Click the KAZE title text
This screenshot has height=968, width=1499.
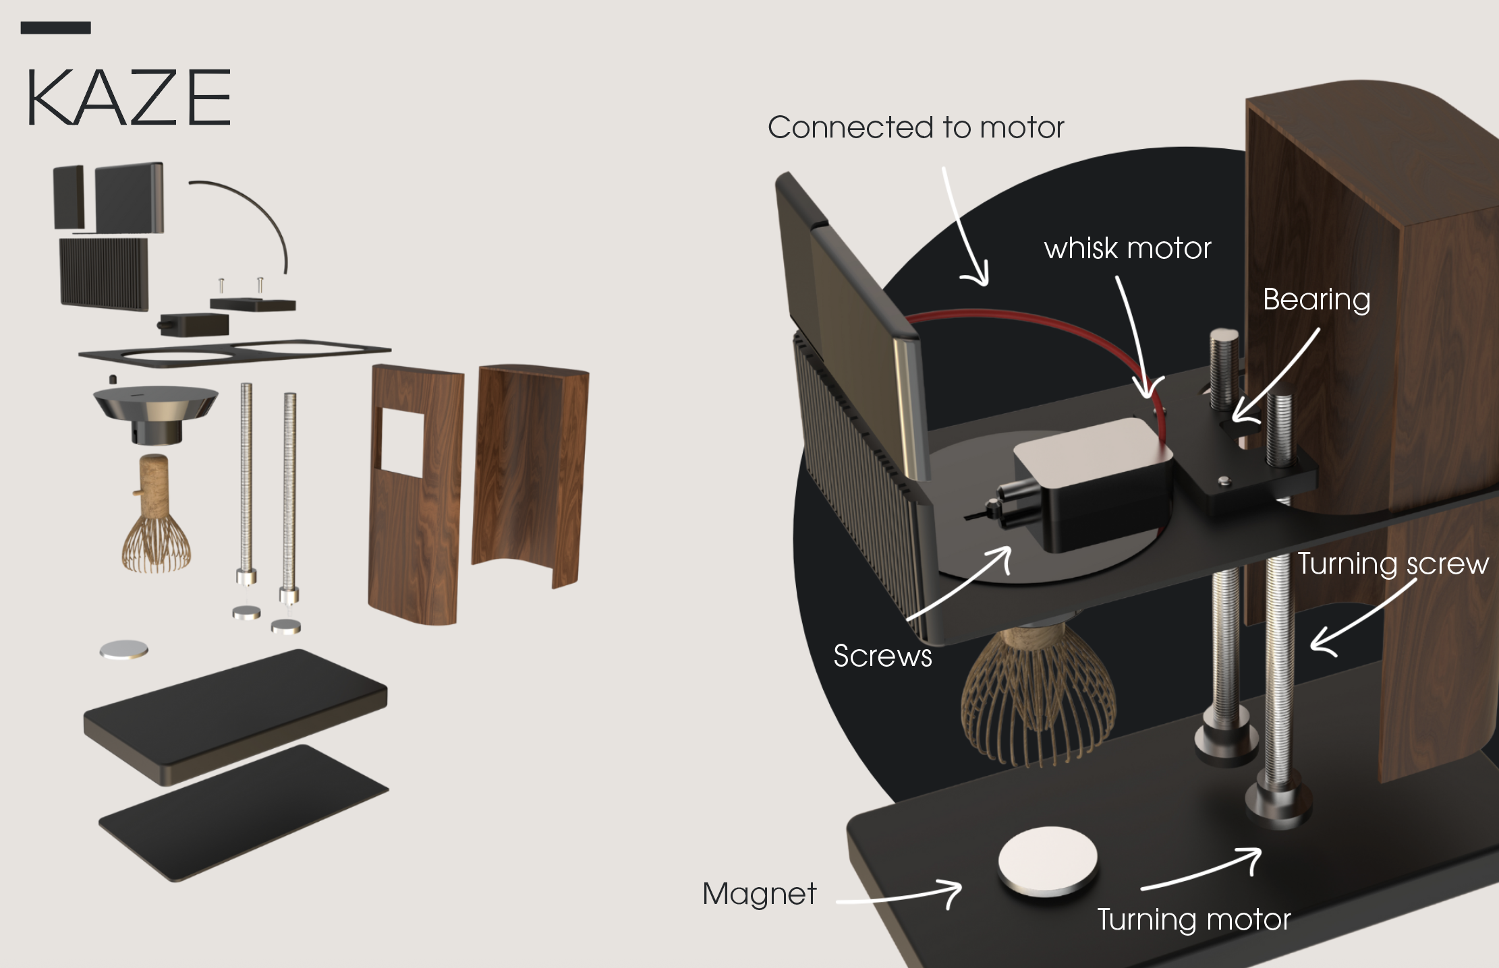tap(128, 98)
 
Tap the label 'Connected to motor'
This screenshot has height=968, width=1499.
tap(915, 127)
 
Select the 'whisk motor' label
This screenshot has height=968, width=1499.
tap(1127, 249)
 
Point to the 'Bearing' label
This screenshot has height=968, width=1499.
tap(1316, 300)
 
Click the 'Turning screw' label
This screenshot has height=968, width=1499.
tap(1393, 564)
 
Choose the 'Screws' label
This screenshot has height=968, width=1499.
tap(882, 656)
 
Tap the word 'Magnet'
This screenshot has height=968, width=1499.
tap(759, 894)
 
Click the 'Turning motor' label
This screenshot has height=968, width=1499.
tap(1193, 919)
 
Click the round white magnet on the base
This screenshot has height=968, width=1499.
tap(1047, 861)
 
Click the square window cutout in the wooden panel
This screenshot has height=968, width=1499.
tap(403, 442)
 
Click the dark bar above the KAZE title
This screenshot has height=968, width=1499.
tap(55, 28)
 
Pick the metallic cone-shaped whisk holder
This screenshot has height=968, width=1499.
tap(156, 411)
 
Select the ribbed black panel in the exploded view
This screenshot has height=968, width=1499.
tap(104, 273)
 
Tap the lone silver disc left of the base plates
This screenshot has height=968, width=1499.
tap(123, 650)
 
